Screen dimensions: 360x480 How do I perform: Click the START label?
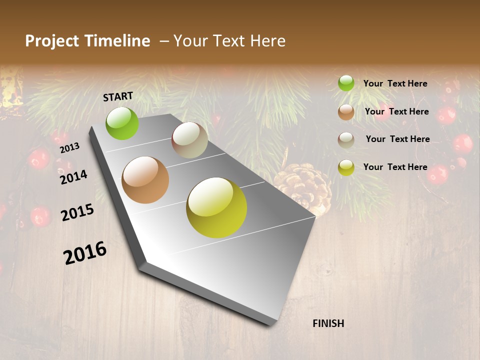click(118, 96)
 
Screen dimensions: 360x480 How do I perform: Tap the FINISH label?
click(328, 323)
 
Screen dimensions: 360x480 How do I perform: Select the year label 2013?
click(70, 148)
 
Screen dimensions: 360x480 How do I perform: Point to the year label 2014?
click(73, 177)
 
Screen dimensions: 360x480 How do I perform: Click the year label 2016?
click(85, 253)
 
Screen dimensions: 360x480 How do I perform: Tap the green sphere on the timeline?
click(122, 123)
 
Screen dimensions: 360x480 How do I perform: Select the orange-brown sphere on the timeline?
click(145, 180)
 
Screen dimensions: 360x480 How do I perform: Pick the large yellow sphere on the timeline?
click(216, 207)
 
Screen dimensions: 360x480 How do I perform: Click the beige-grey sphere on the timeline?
click(190, 140)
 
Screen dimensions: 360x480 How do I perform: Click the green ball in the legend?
click(346, 83)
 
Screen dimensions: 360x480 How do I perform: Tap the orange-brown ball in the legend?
click(346, 112)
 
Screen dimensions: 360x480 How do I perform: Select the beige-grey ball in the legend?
click(346, 140)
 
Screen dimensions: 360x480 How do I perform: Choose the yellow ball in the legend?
click(346, 167)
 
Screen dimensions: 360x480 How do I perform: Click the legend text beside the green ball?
click(395, 83)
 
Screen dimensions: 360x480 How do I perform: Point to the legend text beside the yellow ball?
click(395, 167)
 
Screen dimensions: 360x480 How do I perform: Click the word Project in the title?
click(51, 41)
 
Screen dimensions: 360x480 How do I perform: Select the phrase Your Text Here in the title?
click(229, 41)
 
